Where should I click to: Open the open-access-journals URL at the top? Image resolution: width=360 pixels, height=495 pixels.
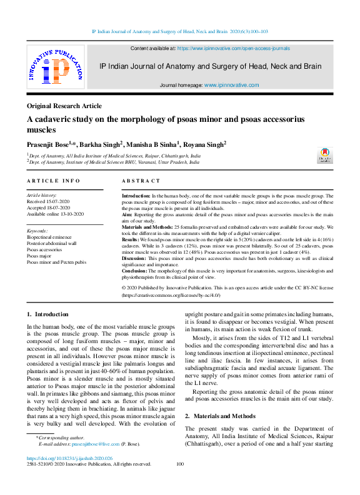(233, 47)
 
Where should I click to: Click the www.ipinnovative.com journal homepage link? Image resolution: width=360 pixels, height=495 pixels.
(231, 84)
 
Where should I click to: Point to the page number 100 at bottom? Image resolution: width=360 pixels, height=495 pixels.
(180, 464)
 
